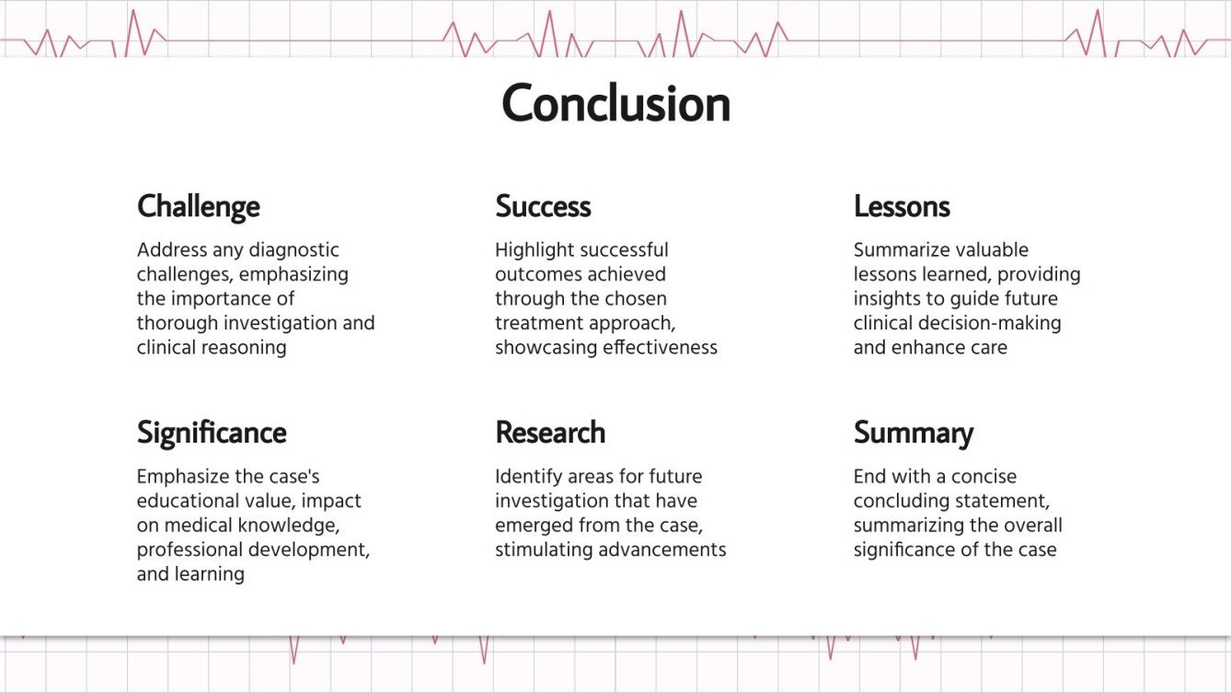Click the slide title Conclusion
[x=615, y=103]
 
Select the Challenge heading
[x=198, y=206]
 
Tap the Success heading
[x=543, y=206]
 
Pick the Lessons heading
[x=902, y=206]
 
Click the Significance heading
[x=212, y=433]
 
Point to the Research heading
[x=550, y=433]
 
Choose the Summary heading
[x=913, y=433]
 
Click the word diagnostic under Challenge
[x=294, y=250]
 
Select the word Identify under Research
[x=526, y=477]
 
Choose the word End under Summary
[x=869, y=477]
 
